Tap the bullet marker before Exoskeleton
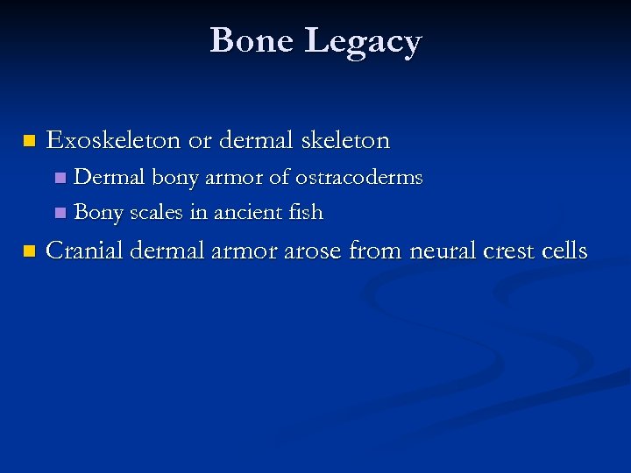click(x=29, y=141)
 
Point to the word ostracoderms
click(x=358, y=178)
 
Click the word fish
click(x=306, y=213)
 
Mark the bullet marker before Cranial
click(x=29, y=252)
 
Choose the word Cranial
click(x=84, y=251)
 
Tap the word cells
click(x=565, y=251)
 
